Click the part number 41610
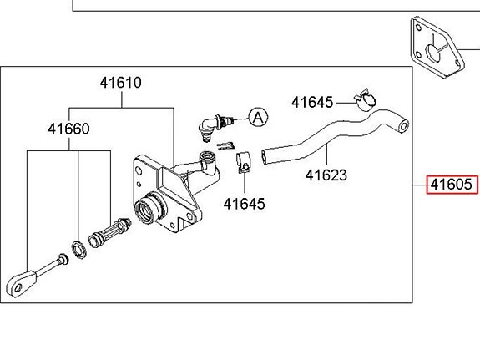coord(120,83)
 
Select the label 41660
coord(68,129)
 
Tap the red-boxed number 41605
coord(452,185)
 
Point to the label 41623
coord(326,175)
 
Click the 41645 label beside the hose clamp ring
coord(312,103)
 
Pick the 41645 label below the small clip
coord(245,204)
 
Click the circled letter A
coord(259,117)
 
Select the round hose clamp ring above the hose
coord(365,100)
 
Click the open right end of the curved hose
coord(403,126)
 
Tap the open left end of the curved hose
coord(264,157)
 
